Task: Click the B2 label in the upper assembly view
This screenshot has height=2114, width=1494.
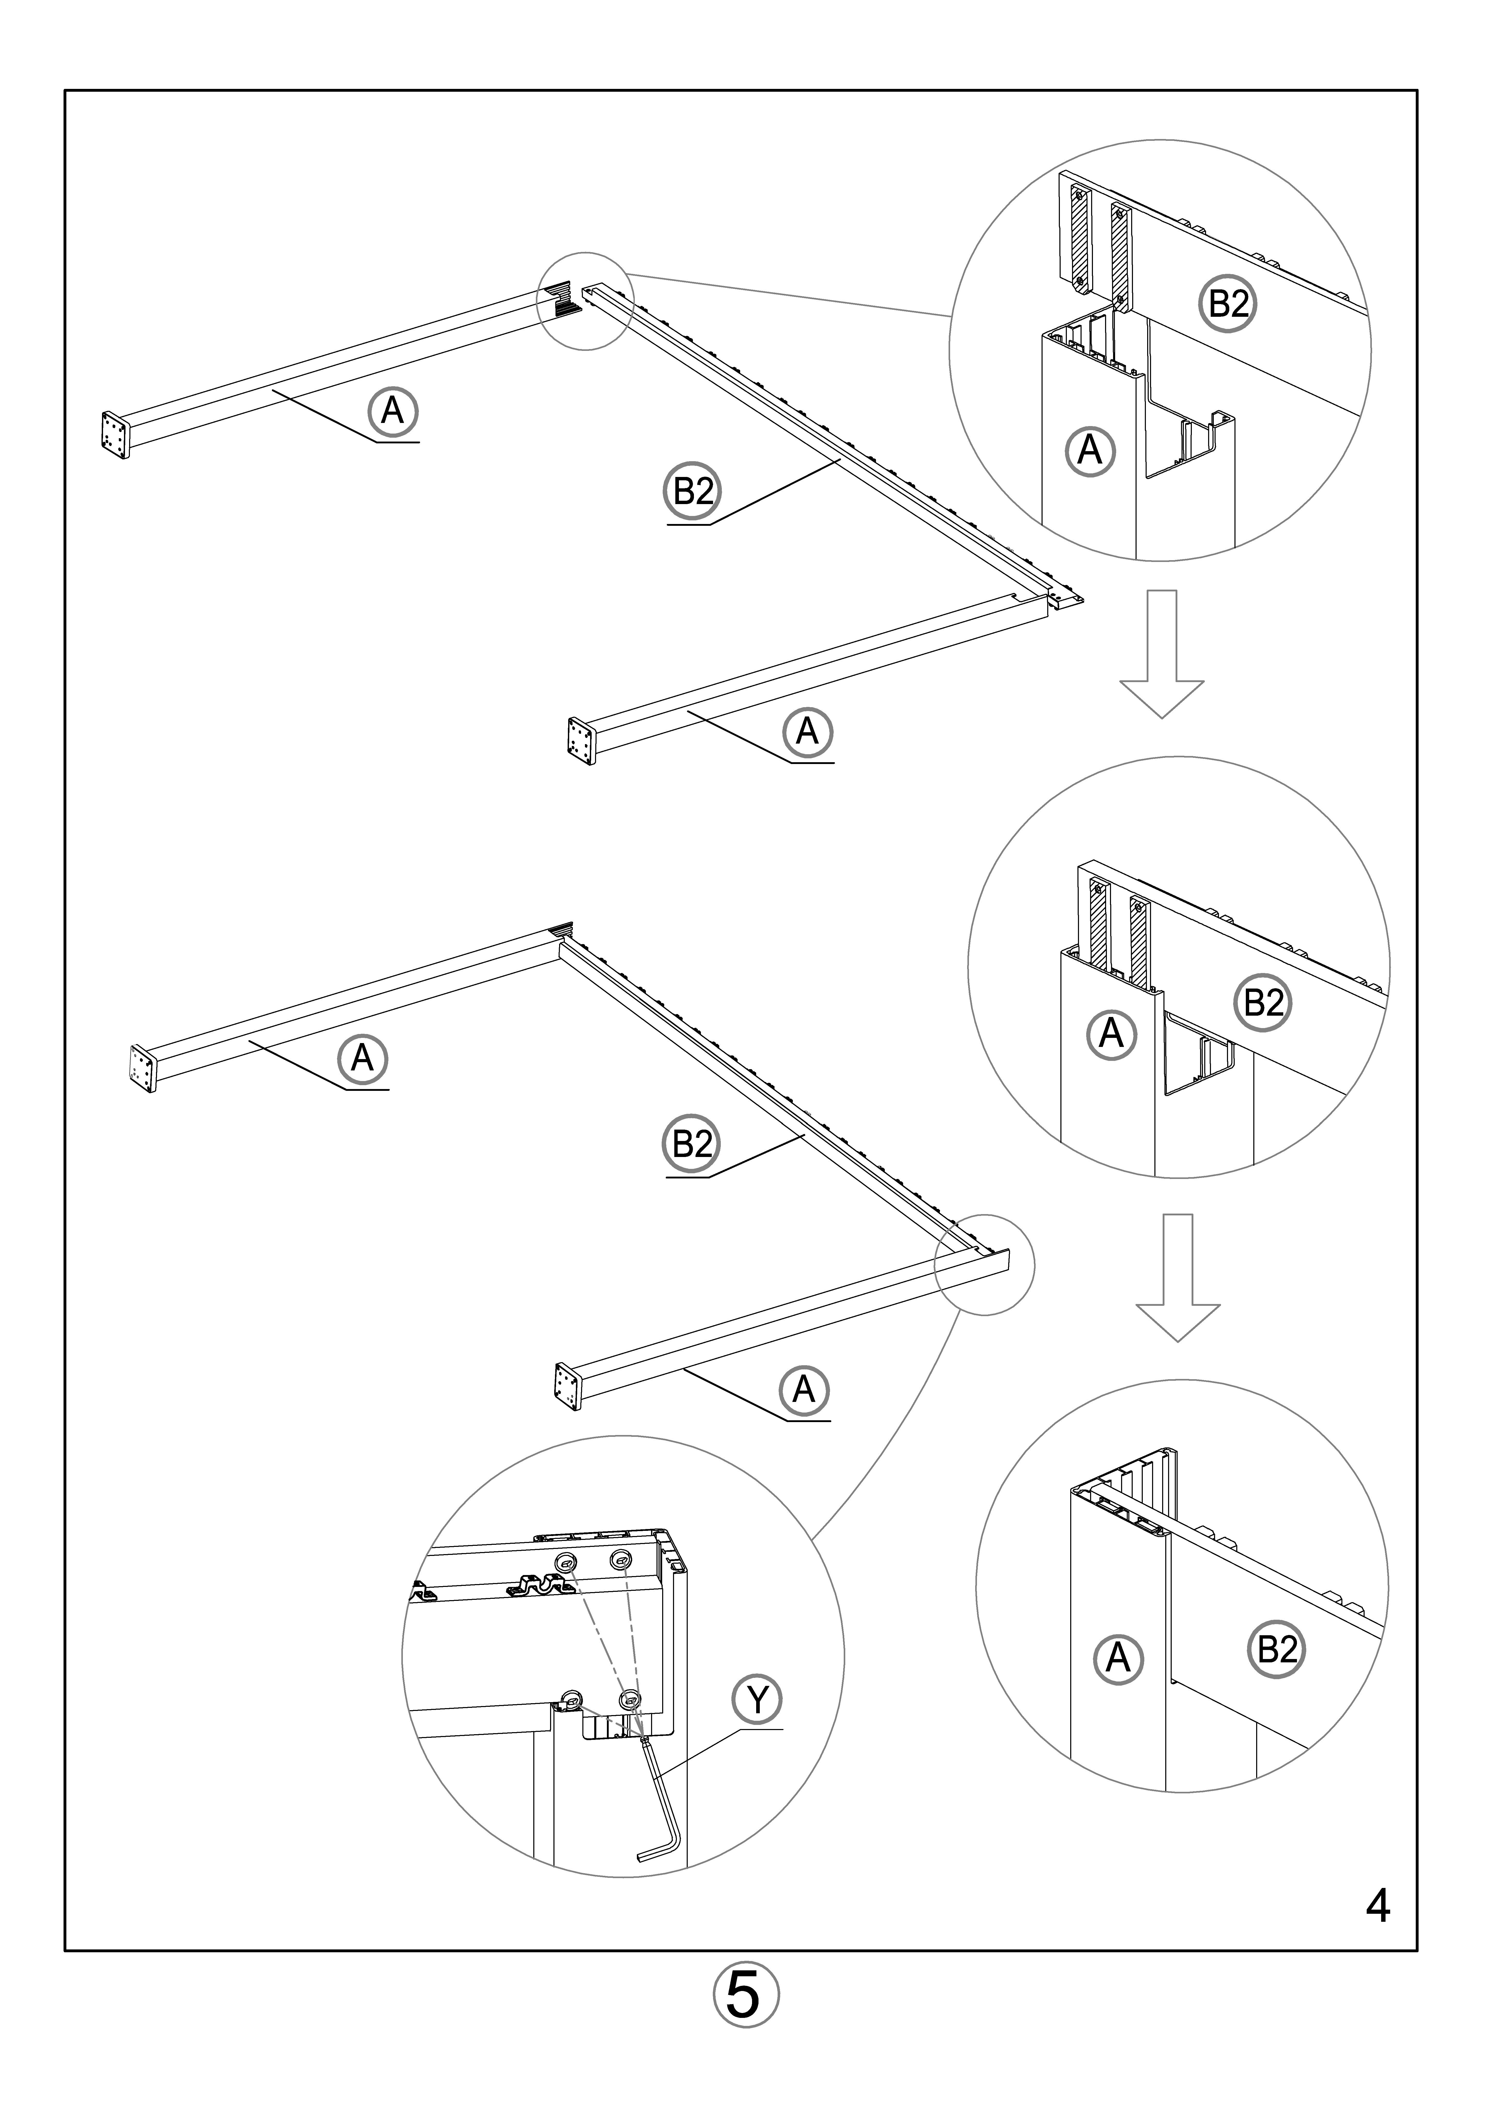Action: point(692,492)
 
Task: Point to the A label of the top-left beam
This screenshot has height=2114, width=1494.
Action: point(393,411)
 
